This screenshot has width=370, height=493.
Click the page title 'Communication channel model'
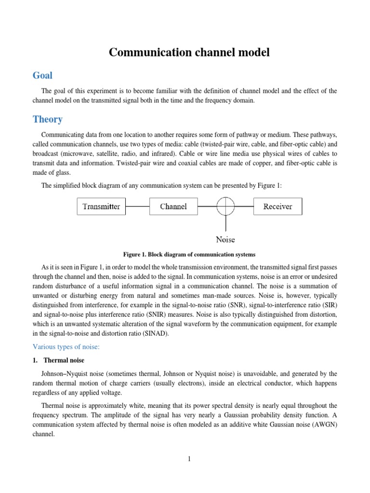pyautogui.click(x=189, y=52)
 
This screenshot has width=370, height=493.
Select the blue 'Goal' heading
pyautogui.click(x=42, y=76)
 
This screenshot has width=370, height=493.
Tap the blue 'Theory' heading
pyautogui.click(x=47, y=119)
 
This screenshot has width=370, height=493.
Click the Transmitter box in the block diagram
pyautogui.click(x=101, y=207)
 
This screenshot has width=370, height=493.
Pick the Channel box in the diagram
pyautogui.click(x=173, y=207)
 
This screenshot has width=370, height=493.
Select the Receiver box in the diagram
pyautogui.click(x=277, y=207)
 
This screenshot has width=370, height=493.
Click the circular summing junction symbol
pyautogui.click(x=225, y=207)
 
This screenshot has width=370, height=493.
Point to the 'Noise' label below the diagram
pyautogui.click(x=225, y=239)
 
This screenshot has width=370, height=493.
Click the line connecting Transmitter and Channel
pyautogui.click(x=137, y=207)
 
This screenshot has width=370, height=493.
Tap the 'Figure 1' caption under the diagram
pyautogui.click(x=189, y=254)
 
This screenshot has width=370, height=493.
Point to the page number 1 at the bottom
pyautogui.click(x=189, y=459)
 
